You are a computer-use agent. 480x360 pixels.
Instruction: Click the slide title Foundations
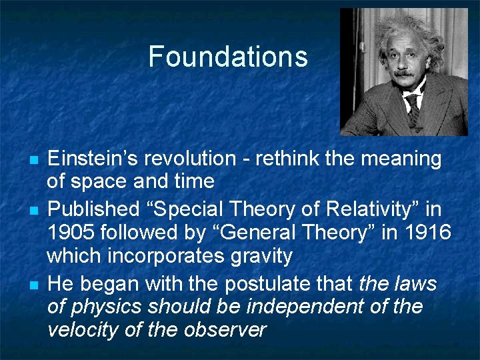[228, 57]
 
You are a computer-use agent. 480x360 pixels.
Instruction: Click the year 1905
[70, 233]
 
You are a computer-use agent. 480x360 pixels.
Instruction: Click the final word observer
[228, 330]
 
